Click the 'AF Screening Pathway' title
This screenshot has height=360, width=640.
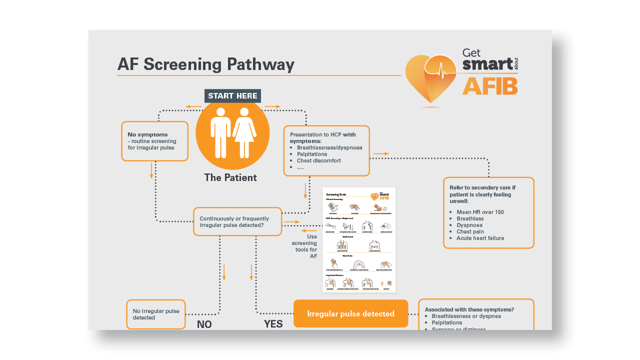pyautogui.click(x=205, y=64)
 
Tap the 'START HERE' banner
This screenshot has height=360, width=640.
pyautogui.click(x=232, y=96)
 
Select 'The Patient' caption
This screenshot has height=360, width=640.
pyautogui.click(x=230, y=177)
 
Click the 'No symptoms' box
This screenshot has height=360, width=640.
pyautogui.click(x=154, y=141)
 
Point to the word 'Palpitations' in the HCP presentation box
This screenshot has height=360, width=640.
pyautogui.click(x=312, y=154)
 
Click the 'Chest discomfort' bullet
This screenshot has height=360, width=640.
pyautogui.click(x=318, y=161)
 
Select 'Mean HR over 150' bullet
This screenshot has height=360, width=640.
pyautogui.click(x=480, y=212)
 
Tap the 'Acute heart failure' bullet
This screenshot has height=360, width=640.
pyautogui.click(x=480, y=238)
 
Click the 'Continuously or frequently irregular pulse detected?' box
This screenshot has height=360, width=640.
pyautogui.click(x=237, y=222)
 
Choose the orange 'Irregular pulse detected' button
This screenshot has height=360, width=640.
pyautogui.click(x=350, y=314)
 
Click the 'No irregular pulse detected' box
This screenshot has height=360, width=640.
pyautogui.click(x=155, y=314)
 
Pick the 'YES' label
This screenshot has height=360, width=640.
pyautogui.click(x=273, y=324)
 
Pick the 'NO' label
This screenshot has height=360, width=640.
pyautogui.click(x=204, y=324)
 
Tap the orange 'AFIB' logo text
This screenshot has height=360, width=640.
pyautogui.click(x=490, y=86)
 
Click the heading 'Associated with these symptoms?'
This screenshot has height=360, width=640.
pyautogui.click(x=469, y=309)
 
